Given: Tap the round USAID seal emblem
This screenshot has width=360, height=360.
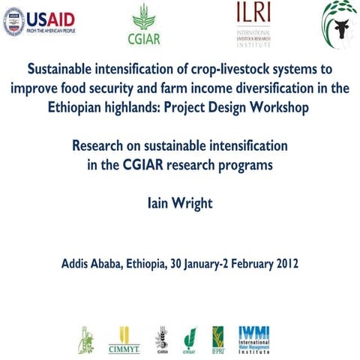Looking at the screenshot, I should [x=14, y=22].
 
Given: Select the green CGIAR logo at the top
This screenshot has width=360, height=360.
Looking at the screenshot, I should [x=146, y=25].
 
